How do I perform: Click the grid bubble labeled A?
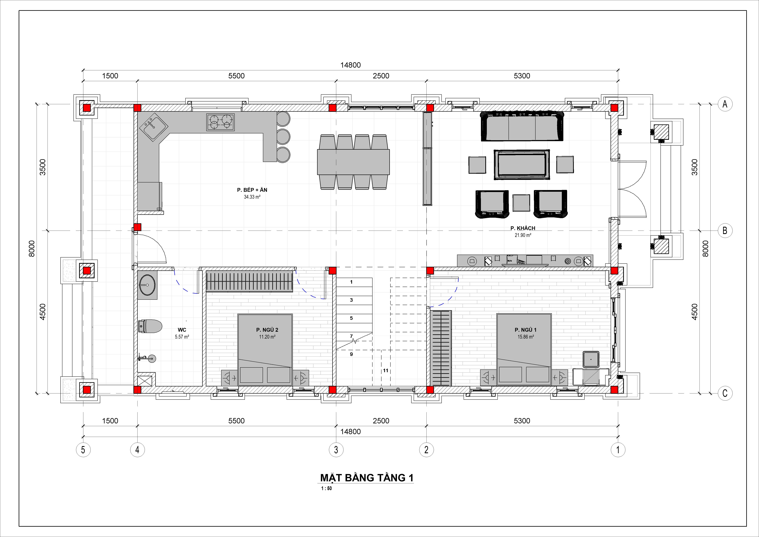pyautogui.click(x=725, y=104)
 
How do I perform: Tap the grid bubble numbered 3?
pyautogui.click(x=336, y=450)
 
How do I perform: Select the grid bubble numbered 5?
pyautogui.click(x=83, y=450)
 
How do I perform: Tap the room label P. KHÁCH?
pyautogui.click(x=523, y=228)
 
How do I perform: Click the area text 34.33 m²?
pyautogui.click(x=252, y=197)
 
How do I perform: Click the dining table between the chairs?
pyautogui.click(x=353, y=162)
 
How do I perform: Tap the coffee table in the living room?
pyautogui.click(x=522, y=164)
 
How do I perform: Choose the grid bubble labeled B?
pyautogui.click(x=725, y=231)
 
